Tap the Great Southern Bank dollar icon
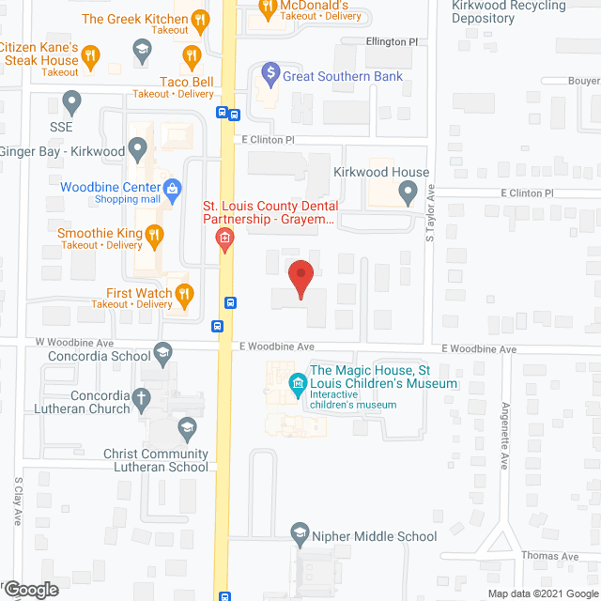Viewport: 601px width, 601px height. tap(270, 71)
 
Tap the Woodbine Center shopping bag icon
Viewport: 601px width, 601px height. tap(173, 188)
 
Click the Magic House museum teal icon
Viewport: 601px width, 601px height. tap(298, 382)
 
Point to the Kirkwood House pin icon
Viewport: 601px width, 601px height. tap(408, 193)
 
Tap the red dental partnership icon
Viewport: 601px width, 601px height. tap(223, 239)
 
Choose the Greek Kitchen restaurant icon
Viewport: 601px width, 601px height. tap(199, 19)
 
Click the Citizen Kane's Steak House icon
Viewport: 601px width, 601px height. tap(91, 56)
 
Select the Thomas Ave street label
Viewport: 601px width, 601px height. tap(551, 556)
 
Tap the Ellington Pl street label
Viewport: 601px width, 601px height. tap(393, 42)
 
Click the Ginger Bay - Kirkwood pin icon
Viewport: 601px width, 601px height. tap(137, 147)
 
